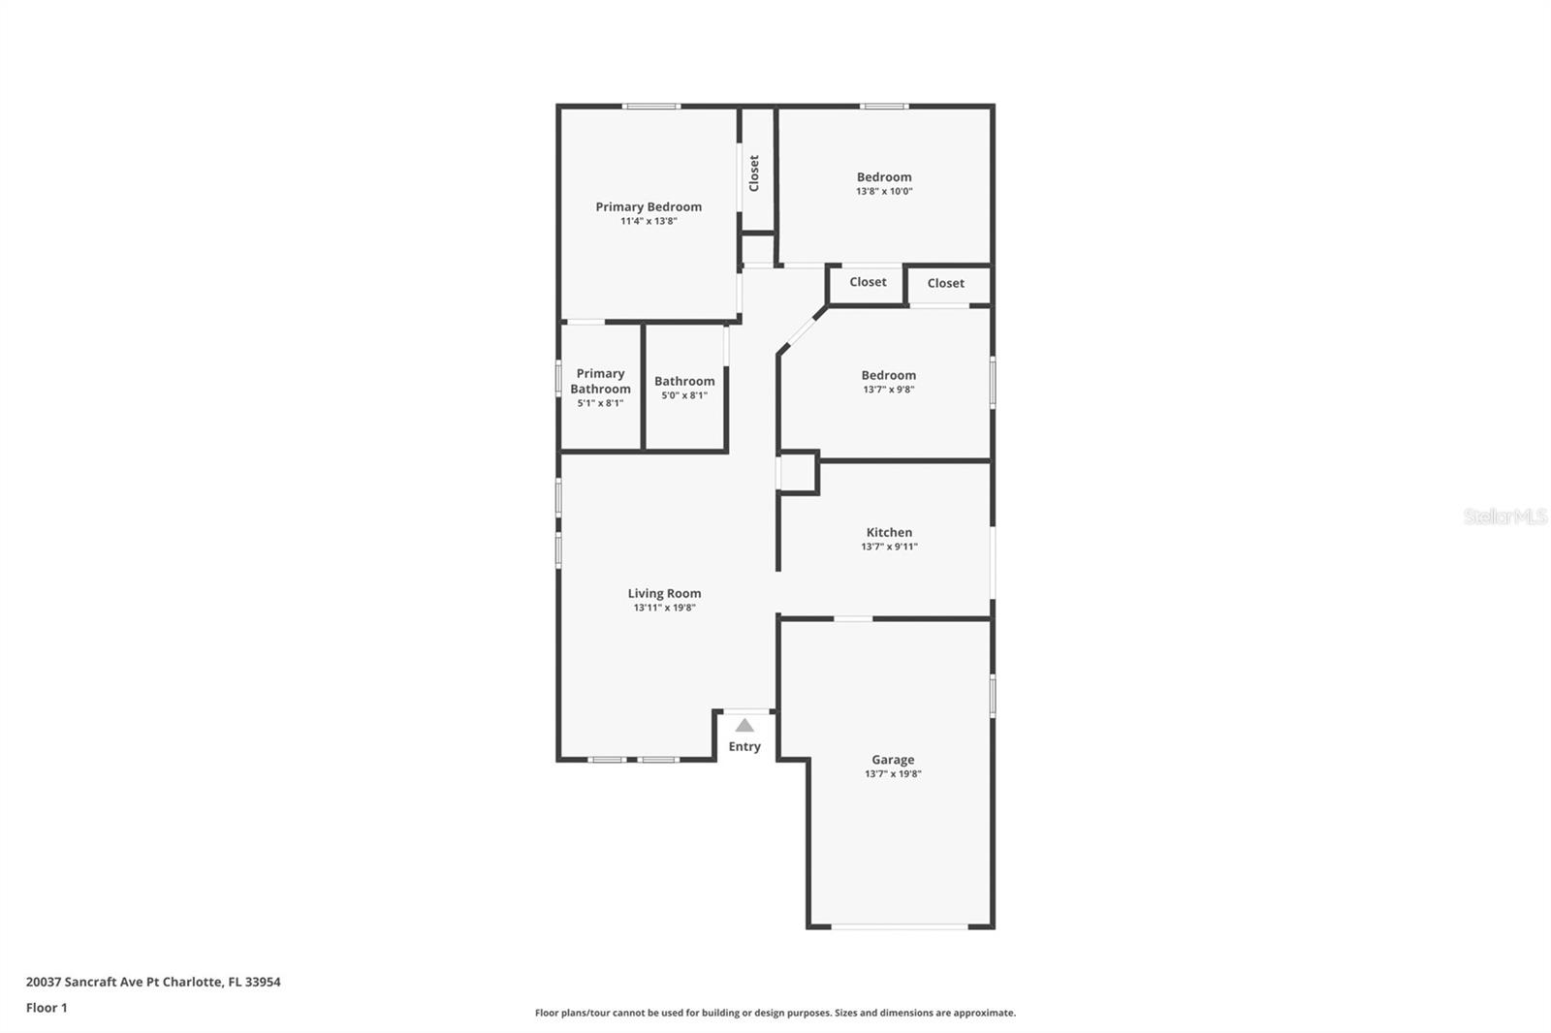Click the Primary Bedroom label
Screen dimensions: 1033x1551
click(649, 206)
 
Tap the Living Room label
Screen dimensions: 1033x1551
click(664, 593)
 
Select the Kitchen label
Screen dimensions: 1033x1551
click(889, 532)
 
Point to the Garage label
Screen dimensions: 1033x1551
click(893, 760)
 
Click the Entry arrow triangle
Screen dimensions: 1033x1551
click(744, 725)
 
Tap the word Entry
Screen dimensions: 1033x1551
click(744, 746)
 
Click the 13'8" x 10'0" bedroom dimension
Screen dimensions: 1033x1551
click(884, 191)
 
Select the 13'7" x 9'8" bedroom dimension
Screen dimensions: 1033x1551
click(889, 390)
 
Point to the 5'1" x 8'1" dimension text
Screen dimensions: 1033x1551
click(600, 403)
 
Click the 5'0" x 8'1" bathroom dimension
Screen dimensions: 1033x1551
click(684, 395)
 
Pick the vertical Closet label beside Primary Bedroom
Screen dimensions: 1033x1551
click(754, 173)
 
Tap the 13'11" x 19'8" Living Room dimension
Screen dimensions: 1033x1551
click(664, 608)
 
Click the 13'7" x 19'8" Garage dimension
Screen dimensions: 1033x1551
click(893, 774)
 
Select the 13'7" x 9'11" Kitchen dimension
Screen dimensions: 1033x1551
click(889, 547)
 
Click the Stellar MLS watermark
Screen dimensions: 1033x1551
click(1504, 516)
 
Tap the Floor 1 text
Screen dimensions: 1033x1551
click(47, 1008)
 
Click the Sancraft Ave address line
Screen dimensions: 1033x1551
click(153, 982)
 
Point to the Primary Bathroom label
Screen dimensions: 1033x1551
click(600, 381)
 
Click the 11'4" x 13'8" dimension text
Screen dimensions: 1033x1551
click(649, 221)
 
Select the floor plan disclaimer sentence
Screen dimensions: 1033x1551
click(775, 1013)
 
